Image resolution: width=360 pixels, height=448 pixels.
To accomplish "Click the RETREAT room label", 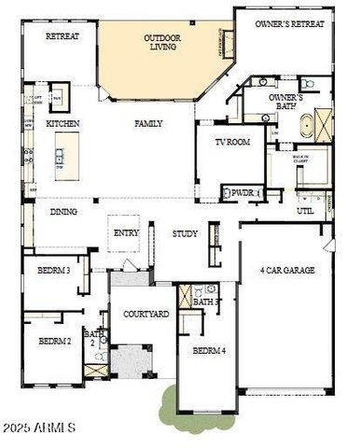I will (62, 36).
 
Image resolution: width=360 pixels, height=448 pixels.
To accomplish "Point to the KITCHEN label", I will (63, 123).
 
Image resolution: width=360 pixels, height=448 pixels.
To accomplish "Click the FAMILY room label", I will (148, 123).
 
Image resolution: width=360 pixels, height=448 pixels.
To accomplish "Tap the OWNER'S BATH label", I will (285, 102).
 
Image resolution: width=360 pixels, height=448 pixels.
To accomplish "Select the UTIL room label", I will (305, 211).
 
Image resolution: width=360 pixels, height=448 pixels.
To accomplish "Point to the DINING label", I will (63, 212).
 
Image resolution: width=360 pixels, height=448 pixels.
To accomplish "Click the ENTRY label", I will (126, 233).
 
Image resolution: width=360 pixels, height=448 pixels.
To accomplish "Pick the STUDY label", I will (185, 233).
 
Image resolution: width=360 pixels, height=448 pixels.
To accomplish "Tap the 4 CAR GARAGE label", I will (287, 270).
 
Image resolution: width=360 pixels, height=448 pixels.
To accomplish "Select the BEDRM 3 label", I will (54, 270).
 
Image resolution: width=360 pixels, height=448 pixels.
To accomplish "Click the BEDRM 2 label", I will (55, 341).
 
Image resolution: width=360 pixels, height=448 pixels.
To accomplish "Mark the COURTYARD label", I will (146, 314).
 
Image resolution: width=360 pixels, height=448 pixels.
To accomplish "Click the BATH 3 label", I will (207, 301).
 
